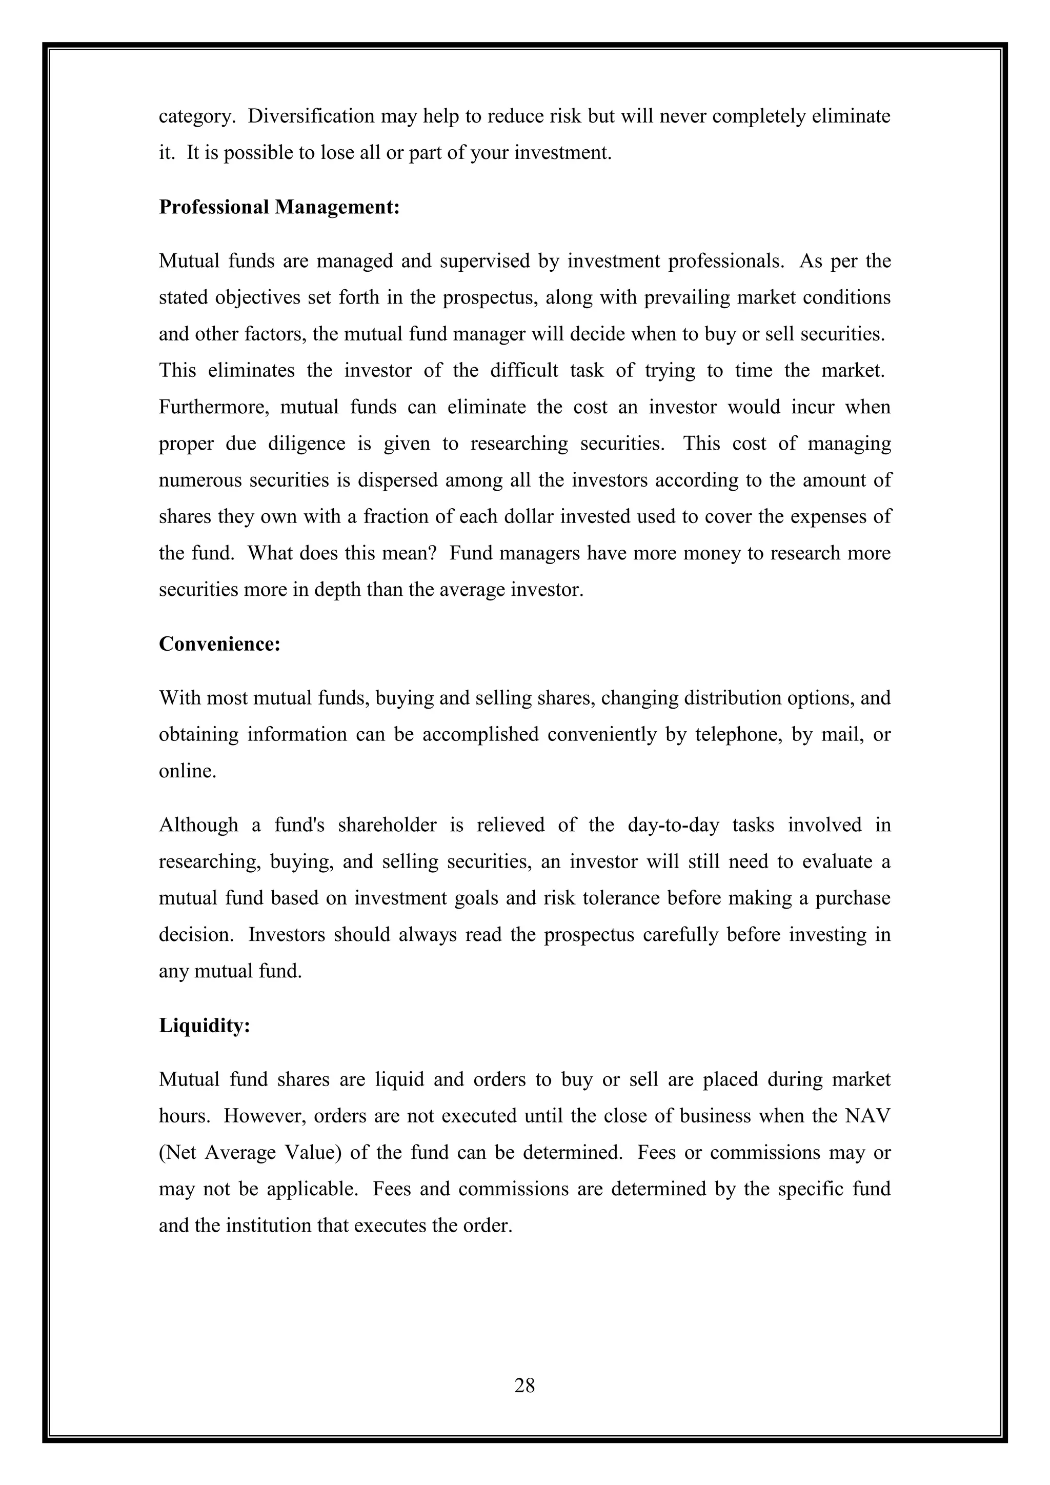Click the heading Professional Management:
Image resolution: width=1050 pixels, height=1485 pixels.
[279, 207]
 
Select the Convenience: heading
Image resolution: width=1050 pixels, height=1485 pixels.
[220, 644]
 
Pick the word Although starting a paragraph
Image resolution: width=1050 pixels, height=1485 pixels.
[198, 825]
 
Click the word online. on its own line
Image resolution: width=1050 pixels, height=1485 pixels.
[188, 771]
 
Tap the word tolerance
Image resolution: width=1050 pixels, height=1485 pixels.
[619, 898]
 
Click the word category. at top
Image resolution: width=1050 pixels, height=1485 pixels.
[196, 116]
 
